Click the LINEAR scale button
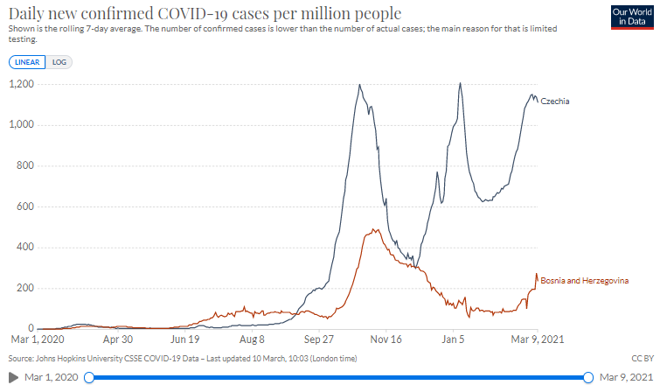click(27, 62)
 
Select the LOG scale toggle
click(59, 62)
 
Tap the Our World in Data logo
click(632, 17)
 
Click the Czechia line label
click(555, 101)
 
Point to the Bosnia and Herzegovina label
click(584, 281)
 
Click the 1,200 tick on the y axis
click(22, 84)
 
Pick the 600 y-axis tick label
click(25, 206)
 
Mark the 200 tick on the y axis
click(25, 288)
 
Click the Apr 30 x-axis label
click(118, 339)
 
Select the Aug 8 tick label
click(252, 339)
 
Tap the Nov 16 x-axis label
click(386, 339)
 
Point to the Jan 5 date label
click(453, 339)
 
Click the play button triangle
click(13, 377)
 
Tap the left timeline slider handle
click(89, 377)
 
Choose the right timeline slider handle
click(588, 377)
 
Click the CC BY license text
click(643, 359)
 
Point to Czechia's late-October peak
click(359, 85)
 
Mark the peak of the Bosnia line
click(374, 229)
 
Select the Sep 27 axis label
click(318, 339)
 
